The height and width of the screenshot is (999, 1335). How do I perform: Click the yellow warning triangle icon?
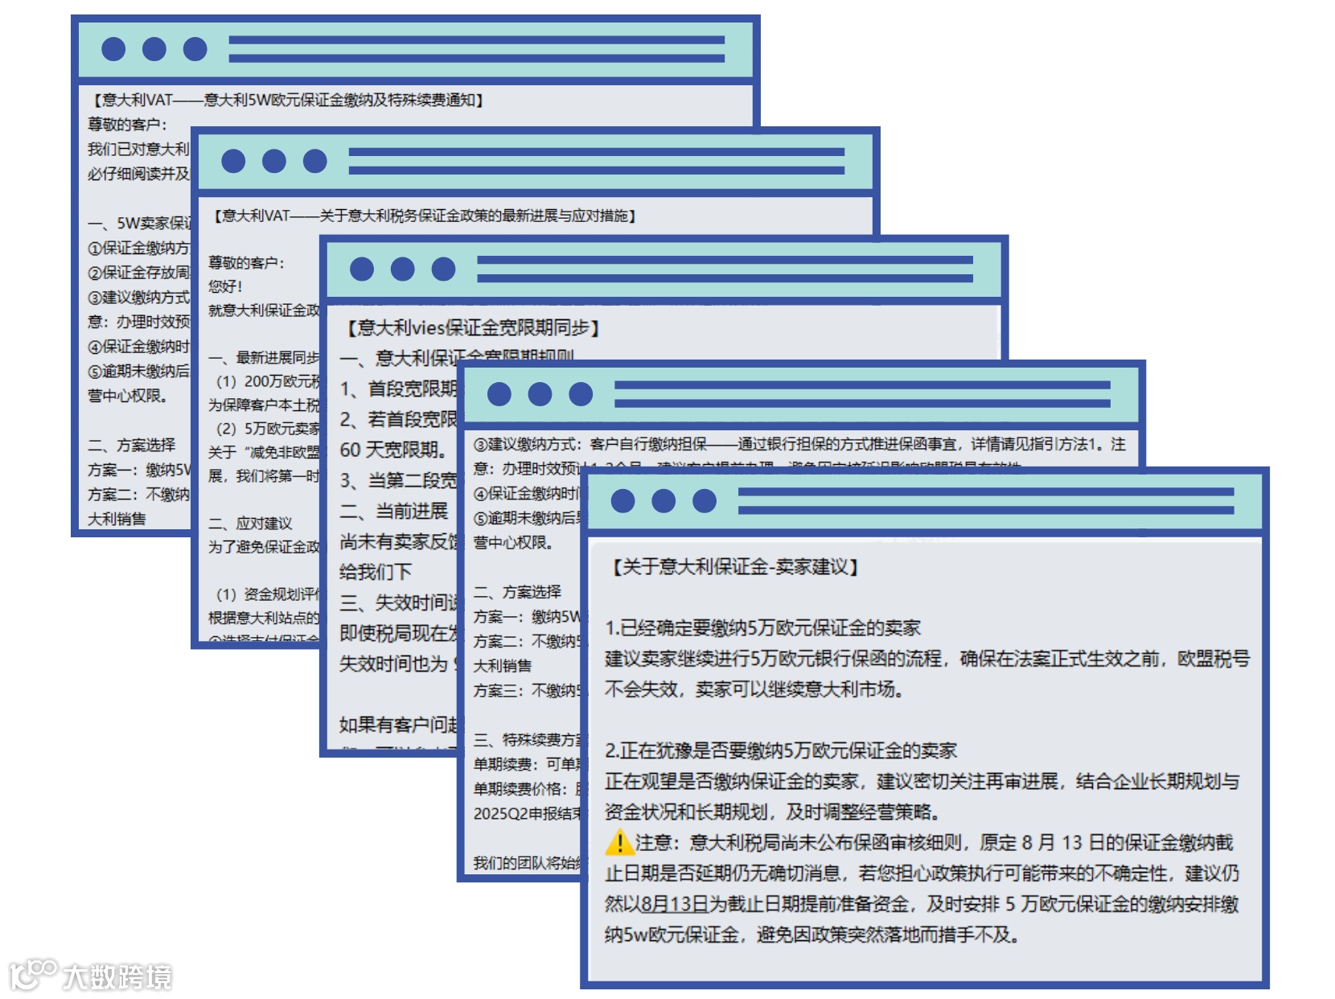[619, 842]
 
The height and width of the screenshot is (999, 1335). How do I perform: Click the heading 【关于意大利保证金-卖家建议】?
[735, 567]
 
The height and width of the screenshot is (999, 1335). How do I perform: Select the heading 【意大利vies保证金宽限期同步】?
[474, 327]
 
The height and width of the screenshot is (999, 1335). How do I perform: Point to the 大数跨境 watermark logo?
[92, 976]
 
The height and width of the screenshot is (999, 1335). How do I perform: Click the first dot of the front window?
[622, 501]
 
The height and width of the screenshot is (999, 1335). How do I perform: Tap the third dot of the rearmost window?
[195, 49]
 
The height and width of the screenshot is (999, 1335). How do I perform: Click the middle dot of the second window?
[274, 161]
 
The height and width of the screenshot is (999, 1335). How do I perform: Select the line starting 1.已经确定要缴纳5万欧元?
[762, 627]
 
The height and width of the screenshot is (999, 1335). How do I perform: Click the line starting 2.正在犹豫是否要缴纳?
[780, 750]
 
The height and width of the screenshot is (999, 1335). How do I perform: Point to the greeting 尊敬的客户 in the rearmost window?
[127, 124]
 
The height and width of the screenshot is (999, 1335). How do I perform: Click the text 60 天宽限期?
[392, 450]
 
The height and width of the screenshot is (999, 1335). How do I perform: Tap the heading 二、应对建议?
[251, 523]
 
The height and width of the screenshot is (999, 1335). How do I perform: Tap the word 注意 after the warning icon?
[658, 842]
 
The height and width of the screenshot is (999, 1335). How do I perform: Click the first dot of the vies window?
[362, 269]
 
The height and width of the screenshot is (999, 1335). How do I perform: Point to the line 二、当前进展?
[394, 511]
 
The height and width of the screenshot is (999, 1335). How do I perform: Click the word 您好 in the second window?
[225, 286]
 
